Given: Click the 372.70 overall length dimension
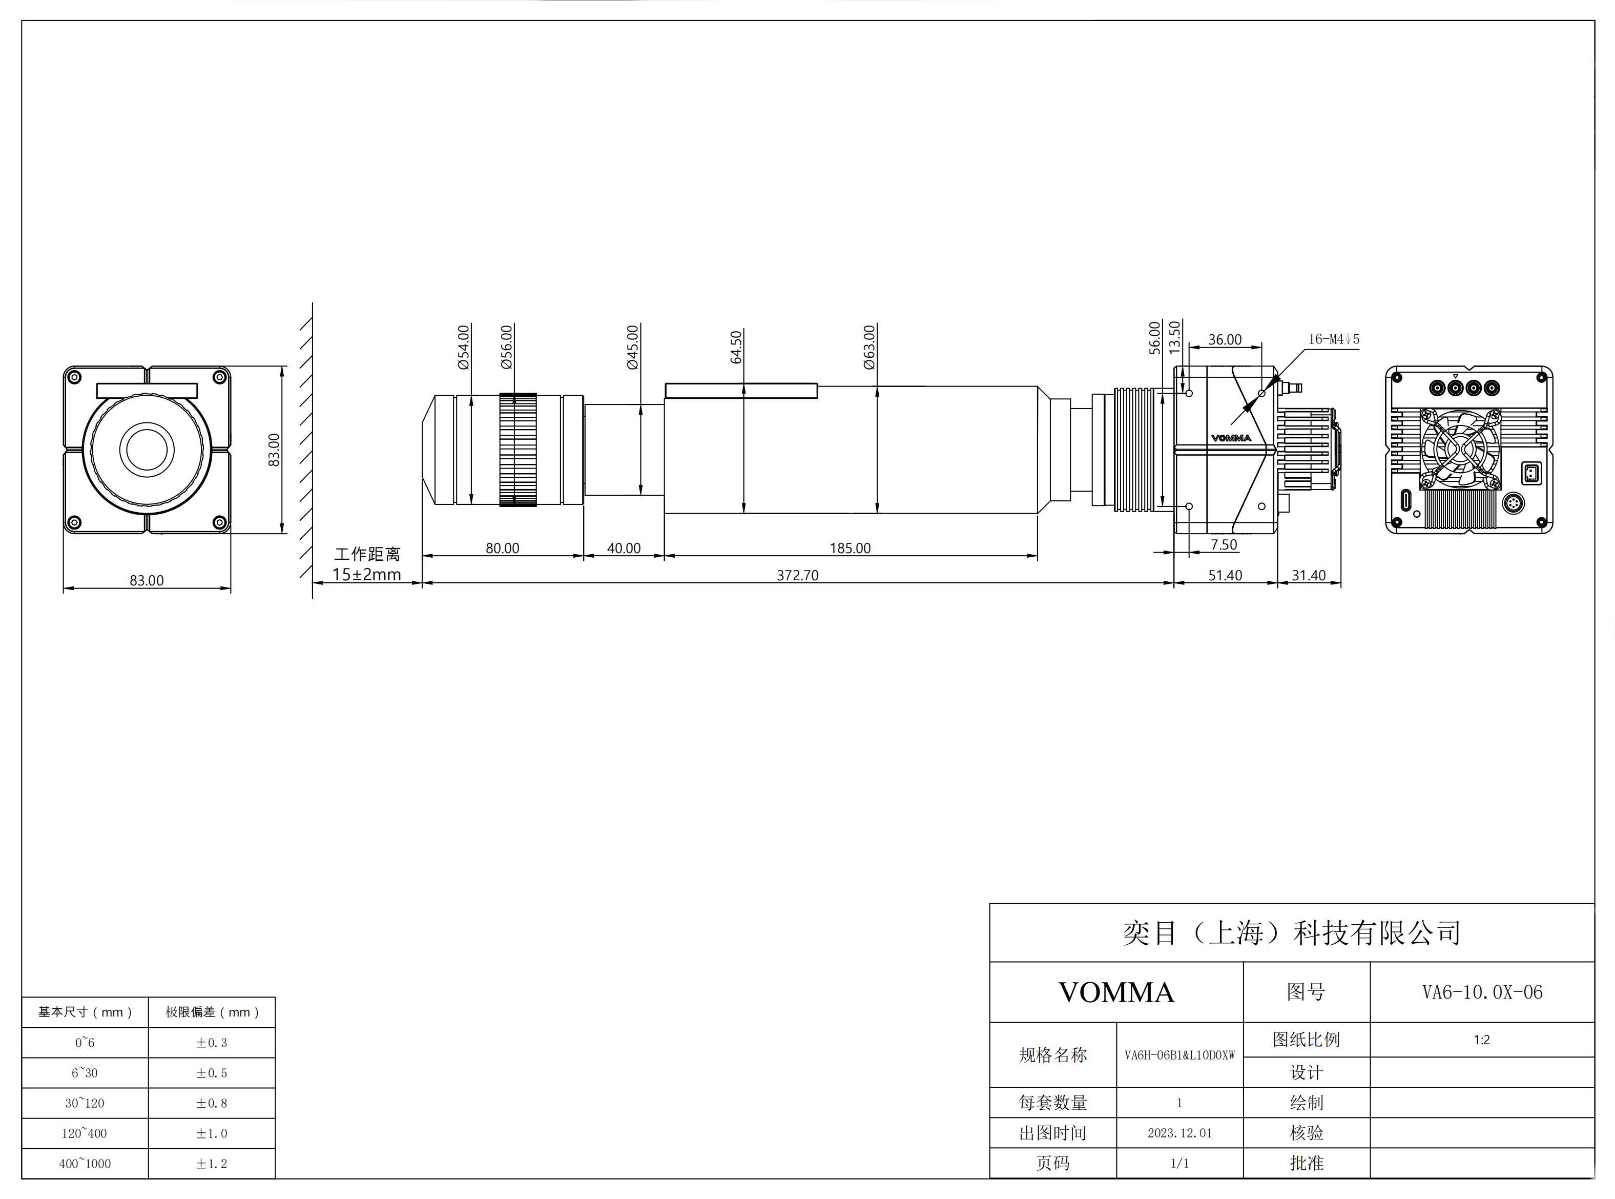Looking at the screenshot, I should point(797,575).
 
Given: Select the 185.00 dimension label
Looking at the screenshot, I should point(850,548).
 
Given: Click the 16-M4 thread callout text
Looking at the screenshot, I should point(1334,339).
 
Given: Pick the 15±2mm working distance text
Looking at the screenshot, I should point(366,575).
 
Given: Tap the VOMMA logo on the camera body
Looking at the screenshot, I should point(1231,438).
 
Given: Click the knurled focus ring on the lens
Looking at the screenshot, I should point(518,450).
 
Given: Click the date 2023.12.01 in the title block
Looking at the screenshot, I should point(1179,1133).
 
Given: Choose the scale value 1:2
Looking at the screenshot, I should point(1481,1040).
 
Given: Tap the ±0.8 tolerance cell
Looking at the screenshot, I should point(211,1103).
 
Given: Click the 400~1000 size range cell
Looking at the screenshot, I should point(85,1164).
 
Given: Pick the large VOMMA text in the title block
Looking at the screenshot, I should point(1116,992).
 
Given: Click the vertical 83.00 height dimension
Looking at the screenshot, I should point(274,450).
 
